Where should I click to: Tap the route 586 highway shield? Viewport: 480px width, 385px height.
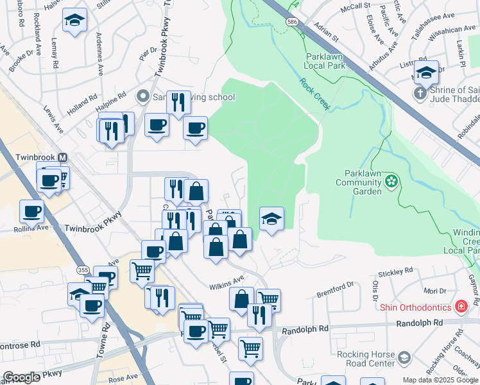[x=293, y=22]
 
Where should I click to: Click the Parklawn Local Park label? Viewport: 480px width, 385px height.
[x=326, y=61]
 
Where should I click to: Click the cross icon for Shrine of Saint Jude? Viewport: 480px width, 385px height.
[x=420, y=94]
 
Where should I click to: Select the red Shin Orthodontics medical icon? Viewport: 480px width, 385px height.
[x=460, y=307]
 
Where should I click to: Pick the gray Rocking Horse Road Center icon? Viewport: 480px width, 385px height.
[x=404, y=357]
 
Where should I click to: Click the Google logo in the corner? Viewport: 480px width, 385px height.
[x=21, y=377]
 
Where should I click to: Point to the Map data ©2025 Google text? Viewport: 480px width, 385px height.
[x=440, y=380]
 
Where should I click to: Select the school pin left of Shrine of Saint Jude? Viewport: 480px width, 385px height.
[x=425, y=73]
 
